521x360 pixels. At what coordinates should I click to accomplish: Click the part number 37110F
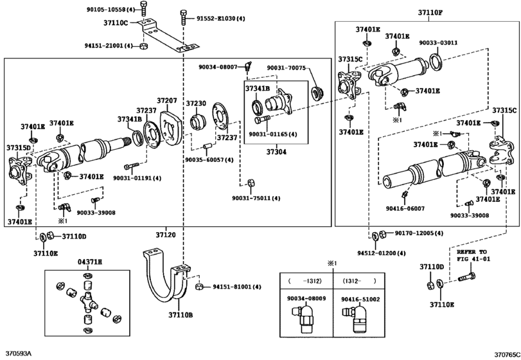click(x=430, y=13)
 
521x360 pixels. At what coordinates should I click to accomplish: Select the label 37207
click(x=167, y=100)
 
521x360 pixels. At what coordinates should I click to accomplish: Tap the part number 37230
click(x=196, y=104)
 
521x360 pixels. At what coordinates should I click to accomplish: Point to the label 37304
click(x=276, y=152)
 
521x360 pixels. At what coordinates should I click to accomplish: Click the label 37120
click(x=166, y=235)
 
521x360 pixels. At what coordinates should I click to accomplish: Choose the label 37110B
click(x=181, y=315)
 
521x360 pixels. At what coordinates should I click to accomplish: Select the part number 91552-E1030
click(x=216, y=19)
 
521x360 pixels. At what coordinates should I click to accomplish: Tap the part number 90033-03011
click(x=438, y=43)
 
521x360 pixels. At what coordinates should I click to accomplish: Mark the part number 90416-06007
click(x=405, y=209)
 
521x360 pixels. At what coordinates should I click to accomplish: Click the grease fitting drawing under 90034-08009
click(x=303, y=318)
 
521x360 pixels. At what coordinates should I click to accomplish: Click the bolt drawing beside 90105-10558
click(x=143, y=8)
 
